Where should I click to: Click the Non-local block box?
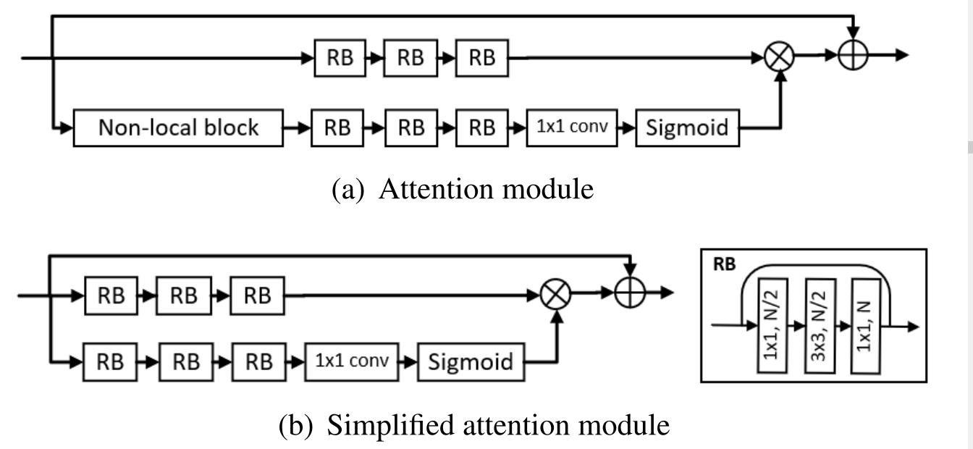[178, 128]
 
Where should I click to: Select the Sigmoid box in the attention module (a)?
[687, 128]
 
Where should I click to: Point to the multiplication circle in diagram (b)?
[556, 294]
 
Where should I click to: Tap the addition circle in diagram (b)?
[630, 294]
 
